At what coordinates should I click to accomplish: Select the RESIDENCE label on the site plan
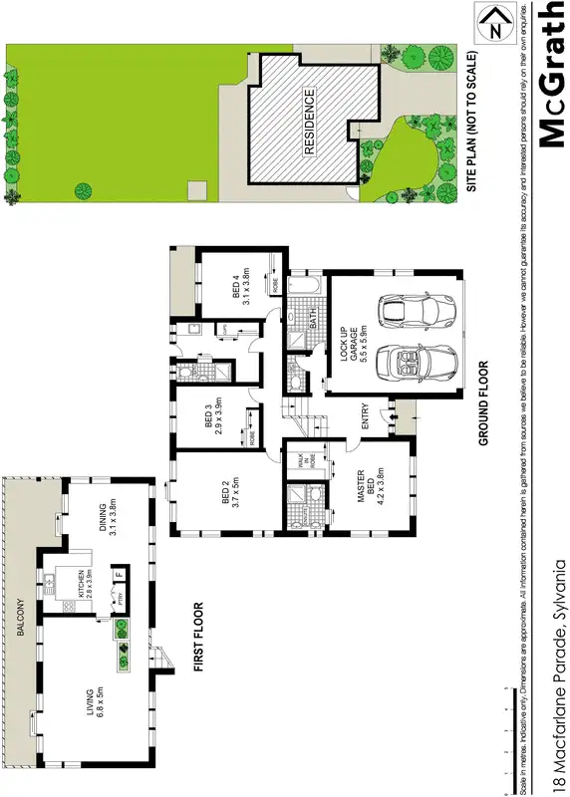(309, 121)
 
